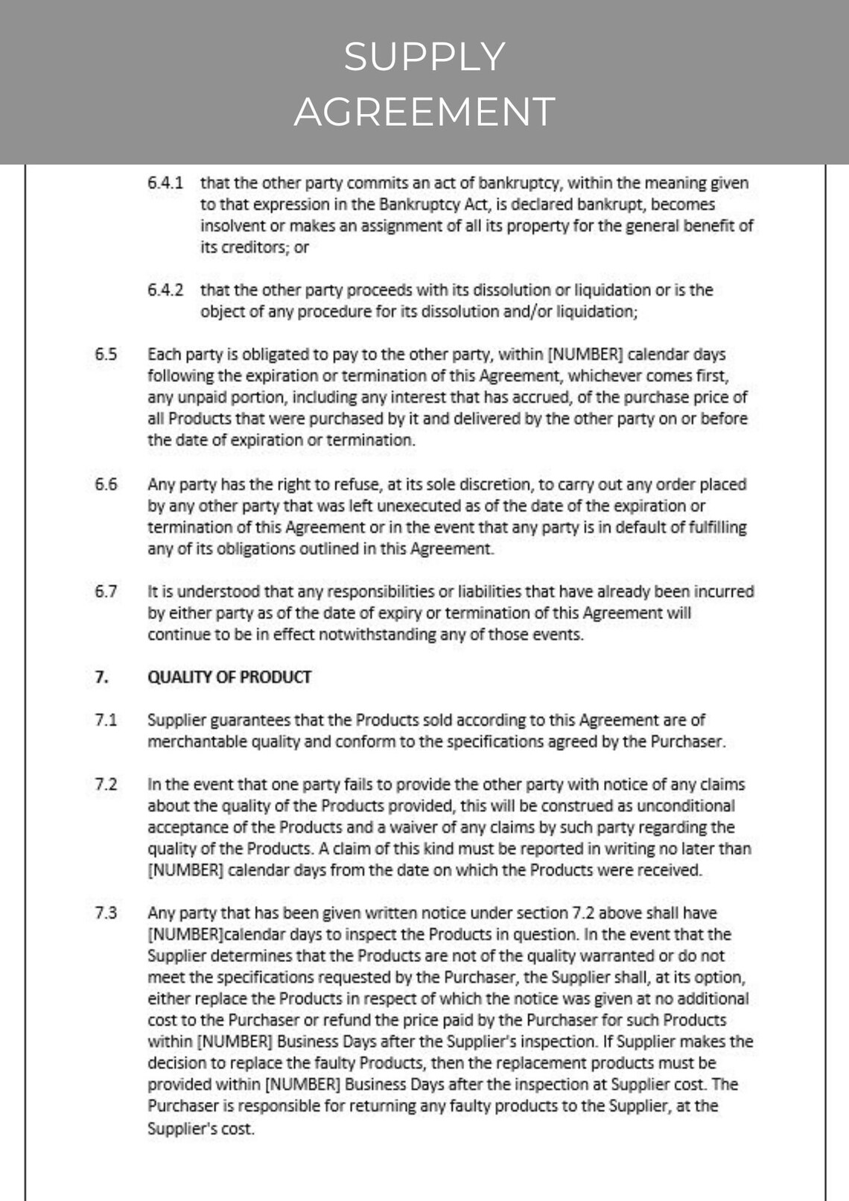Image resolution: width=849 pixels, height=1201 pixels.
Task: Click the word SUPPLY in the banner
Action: click(x=424, y=57)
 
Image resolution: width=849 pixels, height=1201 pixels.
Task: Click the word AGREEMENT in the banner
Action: click(x=424, y=112)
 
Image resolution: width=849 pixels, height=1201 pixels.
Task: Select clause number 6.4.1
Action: click(x=165, y=183)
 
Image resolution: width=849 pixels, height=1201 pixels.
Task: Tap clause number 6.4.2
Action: click(x=165, y=291)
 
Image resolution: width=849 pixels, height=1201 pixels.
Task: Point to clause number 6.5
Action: click(x=106, y=355)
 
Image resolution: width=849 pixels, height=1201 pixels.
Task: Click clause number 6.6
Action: click(x=106, y=484)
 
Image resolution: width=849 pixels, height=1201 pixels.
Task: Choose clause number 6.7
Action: click(x=106, y=592)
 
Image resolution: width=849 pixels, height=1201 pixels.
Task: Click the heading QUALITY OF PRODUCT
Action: click(x=229, y=677)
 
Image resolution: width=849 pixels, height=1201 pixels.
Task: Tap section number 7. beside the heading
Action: click(x=102, y=677)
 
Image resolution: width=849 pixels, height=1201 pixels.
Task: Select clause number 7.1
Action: click(x=106, y=720)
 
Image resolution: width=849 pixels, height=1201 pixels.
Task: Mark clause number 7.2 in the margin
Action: click(x=106, y=785)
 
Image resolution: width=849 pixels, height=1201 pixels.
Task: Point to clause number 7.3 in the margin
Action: click(x=106, y=913)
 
